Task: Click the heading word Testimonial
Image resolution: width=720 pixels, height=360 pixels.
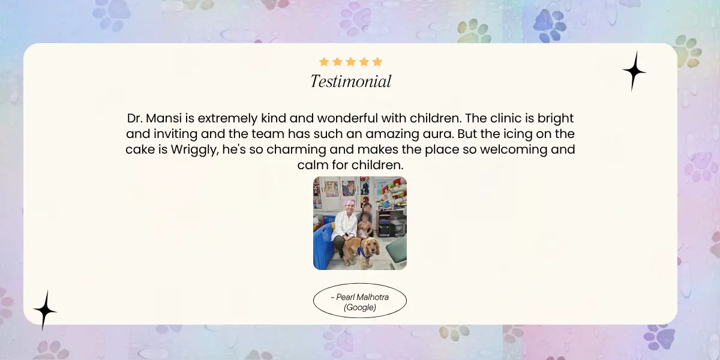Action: click(350, 81)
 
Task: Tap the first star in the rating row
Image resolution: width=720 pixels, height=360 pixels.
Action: click(324, 62)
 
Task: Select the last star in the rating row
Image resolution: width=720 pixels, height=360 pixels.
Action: click(377, 62)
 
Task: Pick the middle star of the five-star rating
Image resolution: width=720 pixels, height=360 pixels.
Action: click(350, 62)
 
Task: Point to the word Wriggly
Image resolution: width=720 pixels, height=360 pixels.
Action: click(195, 150)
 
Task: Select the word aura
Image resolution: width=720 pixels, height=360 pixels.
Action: click(438, 134)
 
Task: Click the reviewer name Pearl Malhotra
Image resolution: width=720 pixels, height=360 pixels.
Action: click(362, 297)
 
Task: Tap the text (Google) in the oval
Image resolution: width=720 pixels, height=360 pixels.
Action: click(360, 307)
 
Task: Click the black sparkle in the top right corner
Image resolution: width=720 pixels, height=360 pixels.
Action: click(634, 71)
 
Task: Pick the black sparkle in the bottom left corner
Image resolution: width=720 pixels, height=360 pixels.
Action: click(45, 311)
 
